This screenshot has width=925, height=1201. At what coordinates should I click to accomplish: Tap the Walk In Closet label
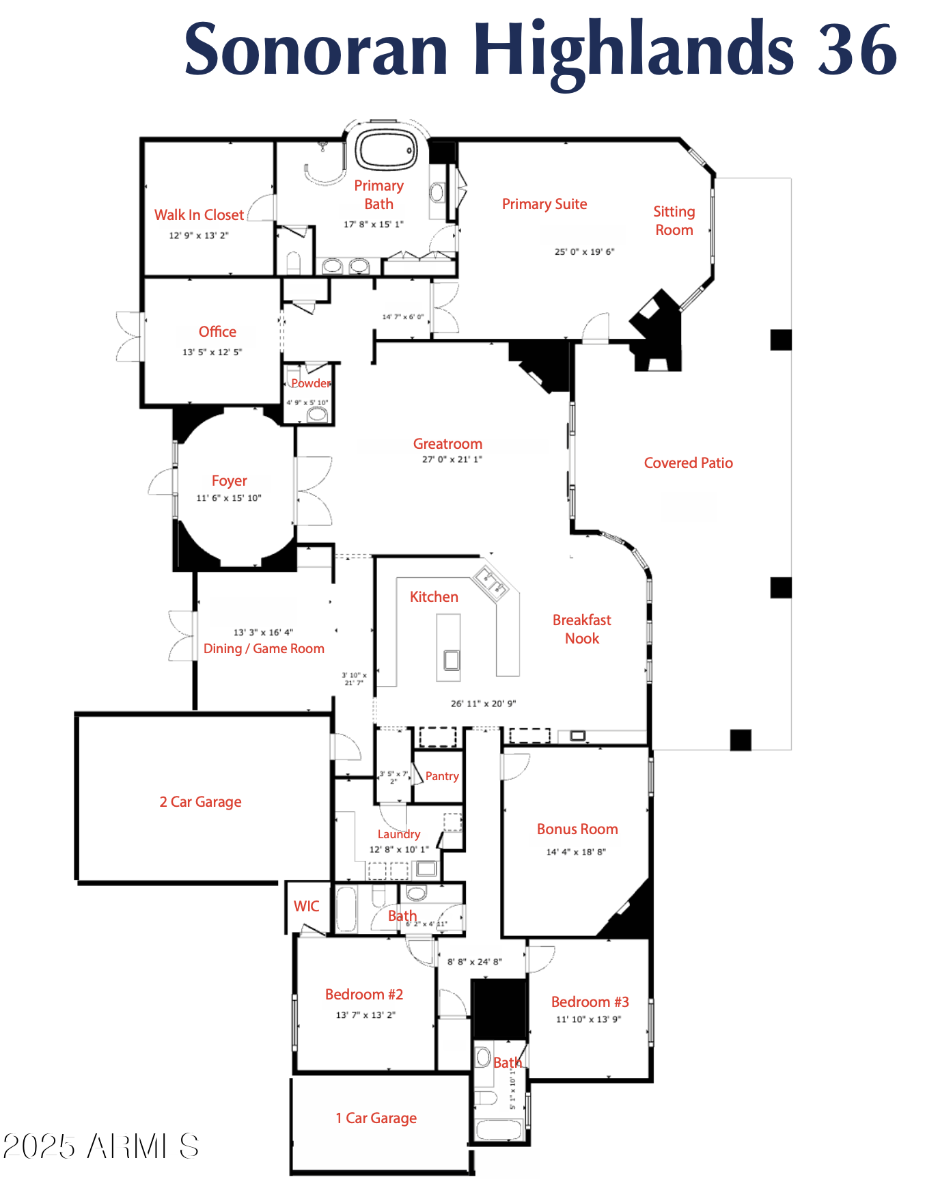[x=199, y=215]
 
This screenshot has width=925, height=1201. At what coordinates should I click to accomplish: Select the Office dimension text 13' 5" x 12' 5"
[x=212, y=353]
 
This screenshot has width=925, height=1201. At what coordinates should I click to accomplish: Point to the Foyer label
[x=229, y=481]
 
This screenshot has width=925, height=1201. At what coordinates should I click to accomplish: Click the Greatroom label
[x=447, y=444]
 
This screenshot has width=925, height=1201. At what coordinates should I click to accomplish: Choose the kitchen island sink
[x=451, y=660]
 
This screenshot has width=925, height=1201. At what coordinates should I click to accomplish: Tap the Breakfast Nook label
[x=581, y=629]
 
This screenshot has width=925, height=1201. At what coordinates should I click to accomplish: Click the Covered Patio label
[x=688, y=463]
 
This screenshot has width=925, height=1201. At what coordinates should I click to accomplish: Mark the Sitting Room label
[x=674, y=221]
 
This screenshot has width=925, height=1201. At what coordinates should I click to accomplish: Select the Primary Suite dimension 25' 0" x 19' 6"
[x=584, y=252]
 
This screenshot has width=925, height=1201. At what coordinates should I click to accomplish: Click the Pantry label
[x=442, y=776]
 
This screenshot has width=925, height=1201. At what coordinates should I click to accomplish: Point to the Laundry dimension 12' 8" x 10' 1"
[x=399, y=850]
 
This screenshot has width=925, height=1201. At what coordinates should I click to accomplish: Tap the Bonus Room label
[x=577, y=829]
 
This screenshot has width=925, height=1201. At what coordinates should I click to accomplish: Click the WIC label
[x=306, y=907]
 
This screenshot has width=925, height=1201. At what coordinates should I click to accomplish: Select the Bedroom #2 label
[x=364, y=995]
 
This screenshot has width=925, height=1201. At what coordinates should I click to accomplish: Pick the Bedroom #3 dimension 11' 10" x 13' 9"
[x=588, y=1020]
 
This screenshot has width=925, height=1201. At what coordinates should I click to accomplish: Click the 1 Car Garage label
[x=376, y=1118]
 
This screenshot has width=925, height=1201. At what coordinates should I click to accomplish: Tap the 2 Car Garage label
[x=200, y=802]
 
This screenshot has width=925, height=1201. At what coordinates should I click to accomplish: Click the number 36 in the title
[x=857, y=50]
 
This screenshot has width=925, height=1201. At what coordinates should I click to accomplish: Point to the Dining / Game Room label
[x=264, y=649]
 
